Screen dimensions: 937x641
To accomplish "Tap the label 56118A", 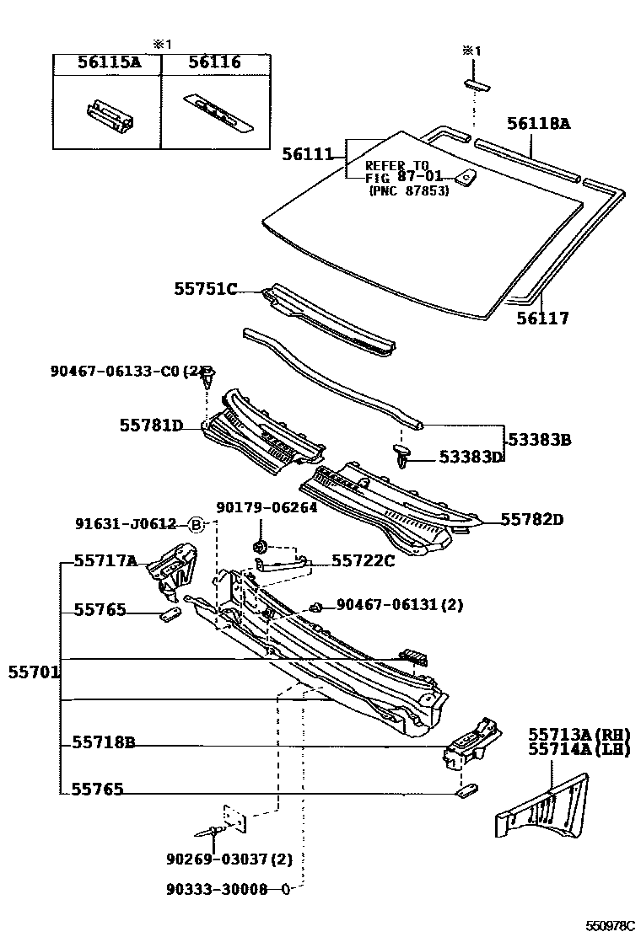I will tap(538, 124).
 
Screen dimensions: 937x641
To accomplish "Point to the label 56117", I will tap(542, 319).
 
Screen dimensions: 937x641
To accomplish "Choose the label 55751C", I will tap(205, 289).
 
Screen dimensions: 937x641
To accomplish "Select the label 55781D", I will tap(151, 426).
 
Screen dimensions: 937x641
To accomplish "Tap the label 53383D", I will tap(470, 457).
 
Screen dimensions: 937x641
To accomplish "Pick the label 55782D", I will tap(531, 520).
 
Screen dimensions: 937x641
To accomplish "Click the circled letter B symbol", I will tap(195, 524).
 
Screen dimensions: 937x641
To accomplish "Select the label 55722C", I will tap(363, 560).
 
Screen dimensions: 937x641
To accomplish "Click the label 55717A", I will tap(105, 560).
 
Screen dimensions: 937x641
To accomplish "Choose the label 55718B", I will tap(104, 743).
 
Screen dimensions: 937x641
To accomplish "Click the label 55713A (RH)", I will tap(579, 734).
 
